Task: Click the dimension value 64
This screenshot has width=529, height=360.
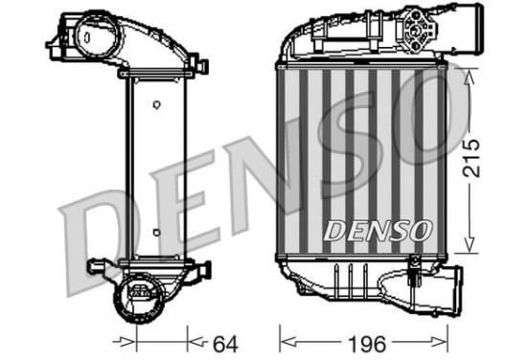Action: pos(225,344)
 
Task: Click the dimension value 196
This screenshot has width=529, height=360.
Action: pos(367,344)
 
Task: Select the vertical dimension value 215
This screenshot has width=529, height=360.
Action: pos(471,158)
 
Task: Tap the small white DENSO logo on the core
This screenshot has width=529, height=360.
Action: pos(378,231)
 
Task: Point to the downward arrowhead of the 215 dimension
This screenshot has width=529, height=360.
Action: pos(469,244)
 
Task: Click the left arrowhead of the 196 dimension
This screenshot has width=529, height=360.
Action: pos(288,344)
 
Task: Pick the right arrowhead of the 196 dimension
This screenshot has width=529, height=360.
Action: pos(439,344)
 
